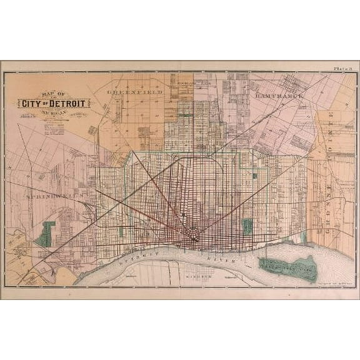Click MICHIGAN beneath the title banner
54,114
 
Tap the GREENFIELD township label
134,92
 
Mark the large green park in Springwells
46,234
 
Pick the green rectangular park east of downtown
247,226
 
